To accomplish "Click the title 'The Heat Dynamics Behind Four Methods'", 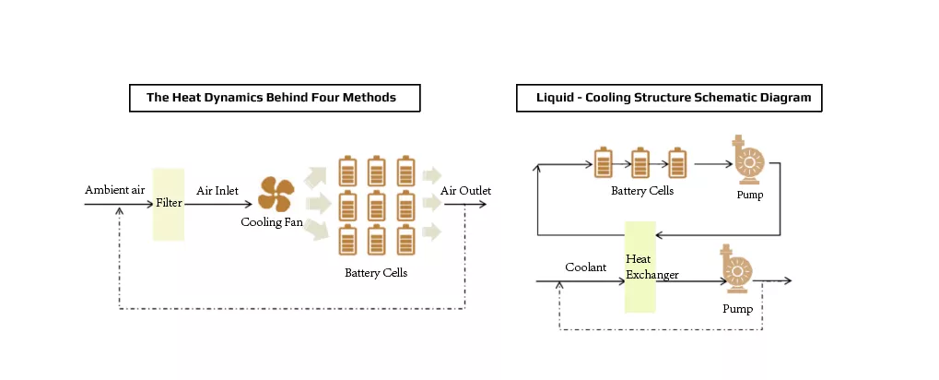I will (x=271, y=98).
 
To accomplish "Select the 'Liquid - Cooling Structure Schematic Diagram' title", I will (x=671, y=98).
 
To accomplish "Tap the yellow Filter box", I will (x=169, y=203).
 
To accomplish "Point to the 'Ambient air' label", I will (x=115, y=190).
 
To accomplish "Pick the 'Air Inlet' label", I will (x=217, y=191).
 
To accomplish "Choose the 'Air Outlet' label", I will (x=465, y=191).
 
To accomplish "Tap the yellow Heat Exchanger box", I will (x=640, y=267).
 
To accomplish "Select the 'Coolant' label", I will (x=585, y=267).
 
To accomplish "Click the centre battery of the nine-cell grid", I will (x=377, y=205).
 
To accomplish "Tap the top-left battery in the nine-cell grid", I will (x=347, y=171).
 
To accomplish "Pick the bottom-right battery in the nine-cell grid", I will (x=406, y=239).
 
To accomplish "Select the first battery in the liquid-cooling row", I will (x=603, y=162).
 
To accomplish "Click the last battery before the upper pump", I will (x=677, y=162).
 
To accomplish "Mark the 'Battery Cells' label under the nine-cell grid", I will (x=376, y=273).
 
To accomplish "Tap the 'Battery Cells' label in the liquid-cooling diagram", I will (x=642, y=192).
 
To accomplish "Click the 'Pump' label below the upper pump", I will (x=750, y=196).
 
